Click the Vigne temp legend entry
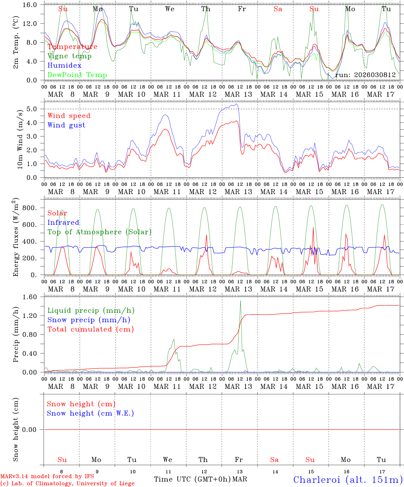pyautogui.click(x=69, y=56)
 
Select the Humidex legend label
pyautogui.click(x=64, y=66)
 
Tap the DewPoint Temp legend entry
pyautogui.click(x=77, y=75)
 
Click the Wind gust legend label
pyautogui.click(x=66, y=125)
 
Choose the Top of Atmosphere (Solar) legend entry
pyautogui.click(x=99, y=232)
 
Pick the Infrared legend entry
pyautogui.click(x=63, y=223)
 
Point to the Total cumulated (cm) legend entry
pyautogui.click(x=90, y=329)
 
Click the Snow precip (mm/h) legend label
pyautogui.click(x=89, y=320)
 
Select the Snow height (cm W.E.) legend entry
pyautogui.click(x=90, y=413)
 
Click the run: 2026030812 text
pyautogui.click(x=365, y=75)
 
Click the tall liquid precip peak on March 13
pyautogui.click(x=241, y=301)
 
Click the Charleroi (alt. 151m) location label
pyautogui.click(x=348, y=480)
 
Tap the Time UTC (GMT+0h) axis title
pyautogui.click(x=193, y=479)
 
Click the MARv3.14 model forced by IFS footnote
pyautogui.click(x=47, y=477)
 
